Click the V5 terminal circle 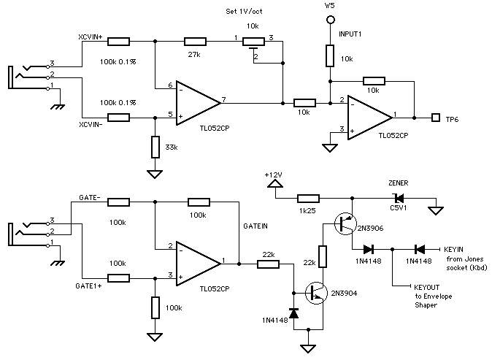[331, 20]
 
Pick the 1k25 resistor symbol [307, 198]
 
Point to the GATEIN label [255, 227]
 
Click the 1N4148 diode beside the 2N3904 [294, 313]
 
